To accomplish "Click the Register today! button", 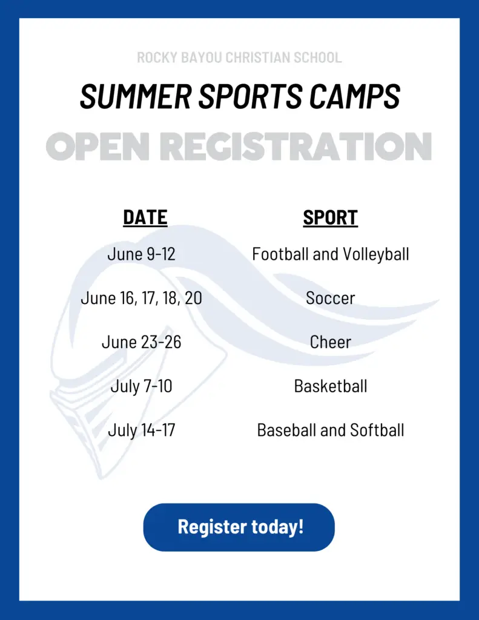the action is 239,527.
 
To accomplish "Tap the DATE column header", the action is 145,217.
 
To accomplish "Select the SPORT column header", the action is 331,217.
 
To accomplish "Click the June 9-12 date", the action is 141,254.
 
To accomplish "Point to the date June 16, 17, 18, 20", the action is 141,298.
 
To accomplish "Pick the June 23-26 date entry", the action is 141,342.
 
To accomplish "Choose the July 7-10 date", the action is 141,386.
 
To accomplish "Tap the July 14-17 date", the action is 141,430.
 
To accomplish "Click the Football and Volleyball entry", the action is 331,254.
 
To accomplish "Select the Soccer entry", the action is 331,298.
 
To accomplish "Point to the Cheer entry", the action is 331,342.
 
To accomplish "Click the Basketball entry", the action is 331,386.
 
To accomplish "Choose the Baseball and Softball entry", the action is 331,430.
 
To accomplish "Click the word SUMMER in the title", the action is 136,96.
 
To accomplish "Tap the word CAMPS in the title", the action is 354,96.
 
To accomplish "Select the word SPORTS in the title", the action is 250,96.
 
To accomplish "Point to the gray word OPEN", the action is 97,147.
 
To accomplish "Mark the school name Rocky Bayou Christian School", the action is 239,58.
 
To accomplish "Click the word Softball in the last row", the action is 377,430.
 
